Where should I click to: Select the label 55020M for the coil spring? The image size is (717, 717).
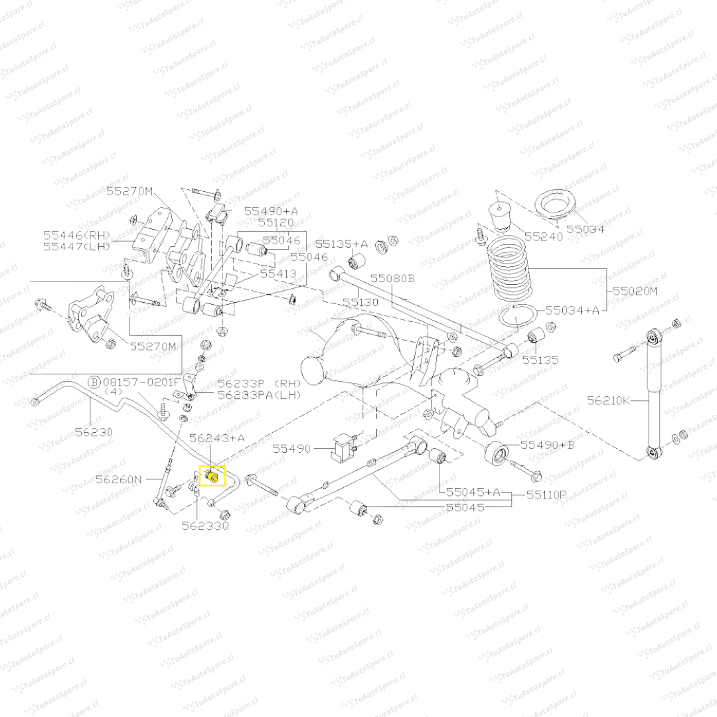pyautogui.click(x=634, y=291)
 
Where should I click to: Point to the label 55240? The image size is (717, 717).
pyautogui.click(x=543, y=236)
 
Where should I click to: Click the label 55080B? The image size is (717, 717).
pyautogui.click(x=392, y=278)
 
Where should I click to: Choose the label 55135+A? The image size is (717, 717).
pyautogui.click(x=341, y=244)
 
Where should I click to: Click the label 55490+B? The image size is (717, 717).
pyautogui.click(x=547, y=444)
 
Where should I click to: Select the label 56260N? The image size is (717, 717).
pyautogui.click(x=119, y=478)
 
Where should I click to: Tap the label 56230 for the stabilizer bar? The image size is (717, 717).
pyautogui.click(x=94, y=432)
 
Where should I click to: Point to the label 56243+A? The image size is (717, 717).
pyautogui.click(x=216, y=438)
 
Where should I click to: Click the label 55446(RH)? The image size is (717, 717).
pyautogui.click(x=76, y=234)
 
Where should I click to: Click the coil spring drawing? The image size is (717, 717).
pyautogui.click(x=511, y=272)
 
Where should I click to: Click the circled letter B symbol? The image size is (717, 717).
pyautogui.click(x=95, y=382)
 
